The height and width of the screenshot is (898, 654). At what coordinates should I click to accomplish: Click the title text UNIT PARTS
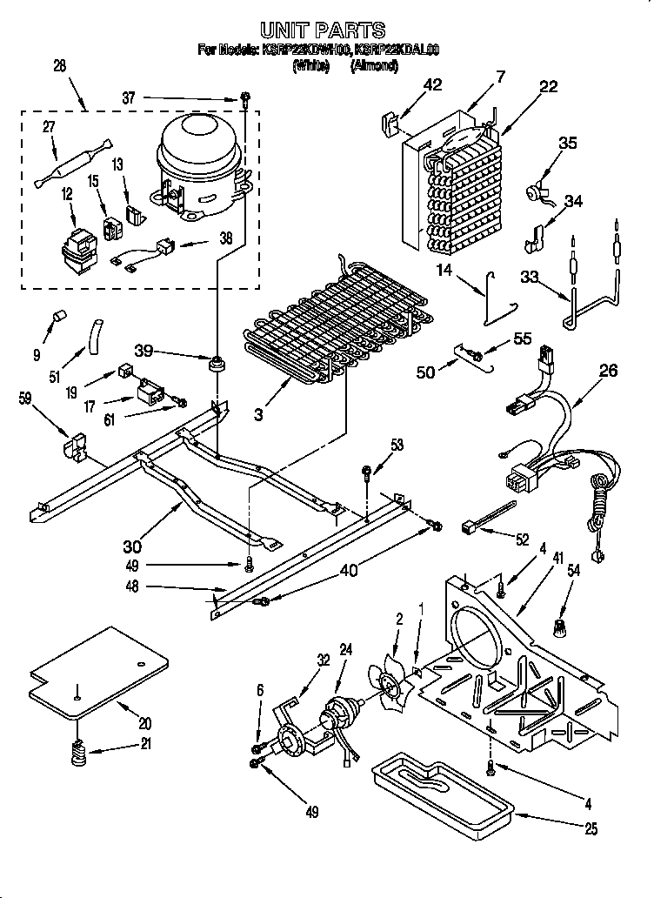(x=323, y=31)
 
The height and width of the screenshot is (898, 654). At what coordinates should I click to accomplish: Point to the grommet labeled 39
(x=213, y=361)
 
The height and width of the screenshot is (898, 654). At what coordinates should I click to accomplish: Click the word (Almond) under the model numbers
(x=374, y=65)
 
